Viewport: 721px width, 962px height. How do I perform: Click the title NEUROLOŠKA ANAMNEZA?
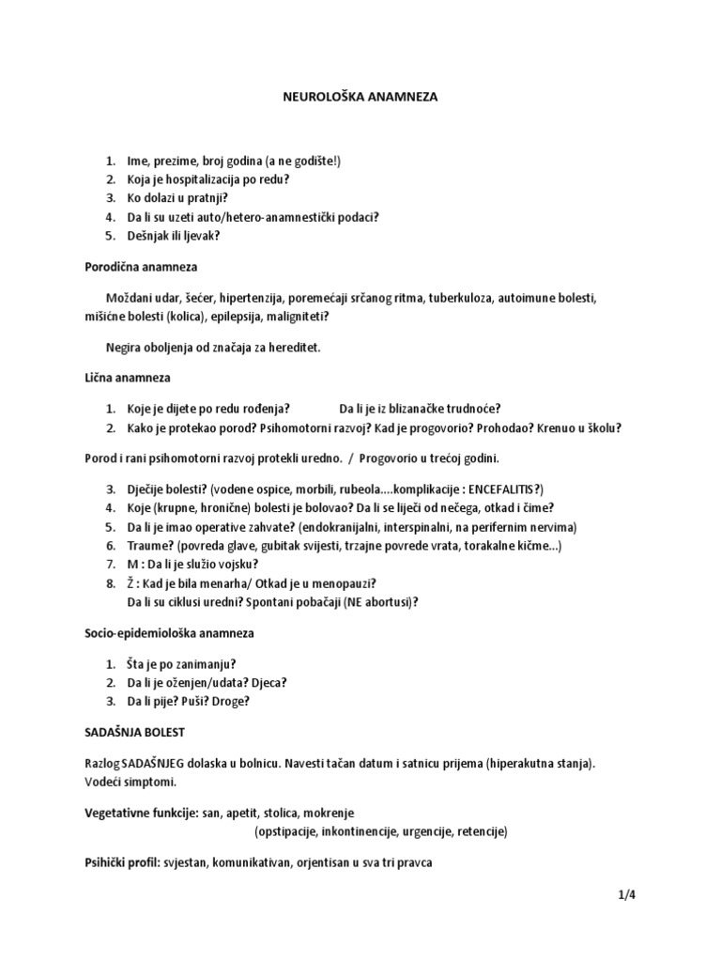(360, 96)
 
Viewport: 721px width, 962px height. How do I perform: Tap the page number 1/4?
(615, 895)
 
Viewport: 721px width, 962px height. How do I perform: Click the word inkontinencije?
(360, 831)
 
